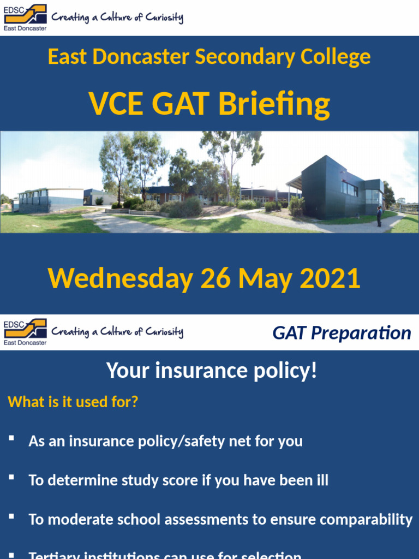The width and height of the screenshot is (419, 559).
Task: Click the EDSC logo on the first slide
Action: point(25,17)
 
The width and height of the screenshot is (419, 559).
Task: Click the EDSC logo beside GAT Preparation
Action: point(25,332)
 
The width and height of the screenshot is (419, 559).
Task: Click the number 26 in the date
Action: point(216,278)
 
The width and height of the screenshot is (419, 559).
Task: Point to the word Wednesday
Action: point(120,278)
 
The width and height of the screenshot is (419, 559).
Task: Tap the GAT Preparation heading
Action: point(342,332)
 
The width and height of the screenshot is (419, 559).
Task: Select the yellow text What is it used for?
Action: point(73,402)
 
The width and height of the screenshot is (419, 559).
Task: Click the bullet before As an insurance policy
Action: point(11,438)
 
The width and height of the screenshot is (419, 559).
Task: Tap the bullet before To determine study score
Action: point(11,478)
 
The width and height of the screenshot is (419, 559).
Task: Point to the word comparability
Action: point(366,520)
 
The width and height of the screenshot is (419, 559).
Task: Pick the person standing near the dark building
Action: point(379,216)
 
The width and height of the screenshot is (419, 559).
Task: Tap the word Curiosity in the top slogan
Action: point(164,17)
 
